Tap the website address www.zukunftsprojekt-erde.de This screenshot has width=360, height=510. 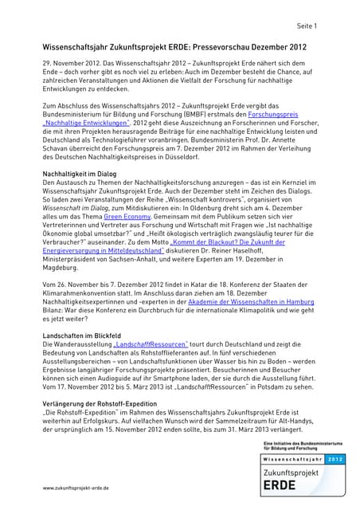[76, 487]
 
